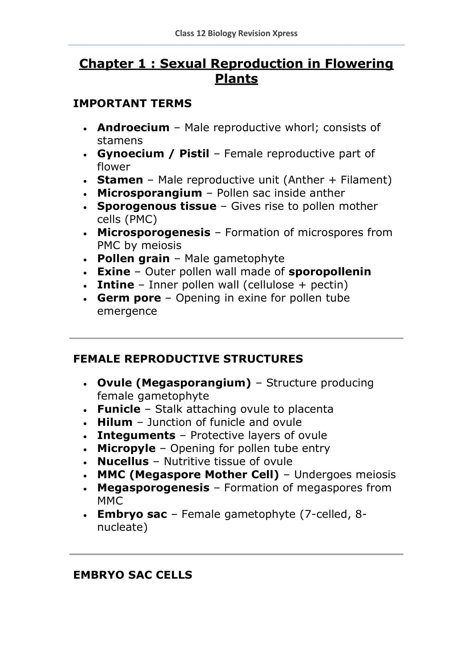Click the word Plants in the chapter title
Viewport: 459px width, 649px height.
pyautogui.click(x=236, y=79)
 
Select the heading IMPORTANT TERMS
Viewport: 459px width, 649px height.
pyautogui.click(x=132, y=103)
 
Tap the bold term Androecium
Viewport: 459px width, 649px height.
pyautogui.click(x=133, y=127)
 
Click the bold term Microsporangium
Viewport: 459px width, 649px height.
pyautogui.click(x=149, y=193)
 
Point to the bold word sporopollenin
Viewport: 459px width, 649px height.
pyautogui.click(x=330, y=271)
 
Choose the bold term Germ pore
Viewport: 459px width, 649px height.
pyautogui.click(x=129, y=298)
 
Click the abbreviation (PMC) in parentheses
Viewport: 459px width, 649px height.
pyautogui.click(x=141, y=219)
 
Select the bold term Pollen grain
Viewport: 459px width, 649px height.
pyautogui.click(x=133, y=259)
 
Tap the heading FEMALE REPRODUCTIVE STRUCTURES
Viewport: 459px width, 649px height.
pyautogui.click(x=188, y=359)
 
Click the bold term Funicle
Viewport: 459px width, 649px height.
pyautogui.click(x=119, y=409)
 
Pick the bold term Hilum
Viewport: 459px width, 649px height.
pyautogui.click(x=115, y=422)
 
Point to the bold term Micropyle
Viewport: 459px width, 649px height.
pyautogui.click(x=126, y=448)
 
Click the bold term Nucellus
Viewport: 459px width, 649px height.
pyautogui.click(x=123, y=461)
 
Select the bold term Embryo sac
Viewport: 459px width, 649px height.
pyautogui.click(x=132, y=514)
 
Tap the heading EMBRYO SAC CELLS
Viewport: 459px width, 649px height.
pyautogui.click(x=133, y=581)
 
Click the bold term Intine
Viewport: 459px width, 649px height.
pyautogui.click(x=116, y=285)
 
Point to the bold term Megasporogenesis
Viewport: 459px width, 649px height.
pyautogui.click(x=153, y=487)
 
